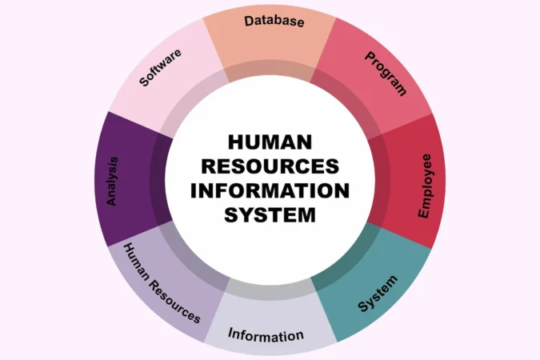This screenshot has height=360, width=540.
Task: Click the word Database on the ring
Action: tap(274, 21)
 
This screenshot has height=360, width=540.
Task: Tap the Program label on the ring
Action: tap(386, 74)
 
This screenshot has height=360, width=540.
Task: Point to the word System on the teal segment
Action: tap(378, 294)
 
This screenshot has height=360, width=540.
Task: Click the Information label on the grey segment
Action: tap(266, 334)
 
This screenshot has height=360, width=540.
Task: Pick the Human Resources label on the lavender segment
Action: tap(162, 283)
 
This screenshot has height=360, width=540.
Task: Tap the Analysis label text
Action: tap(112, 182)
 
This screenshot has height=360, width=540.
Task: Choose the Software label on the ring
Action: tap(160, 67)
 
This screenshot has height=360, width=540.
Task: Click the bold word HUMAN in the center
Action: tap(270, 142)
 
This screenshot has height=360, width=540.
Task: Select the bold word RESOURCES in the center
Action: tap(270, 166)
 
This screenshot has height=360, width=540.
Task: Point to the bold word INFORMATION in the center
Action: tap(270, 190)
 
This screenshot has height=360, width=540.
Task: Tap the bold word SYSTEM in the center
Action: tap(270, 214)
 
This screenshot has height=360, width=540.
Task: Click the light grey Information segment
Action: tap(270, 320)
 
